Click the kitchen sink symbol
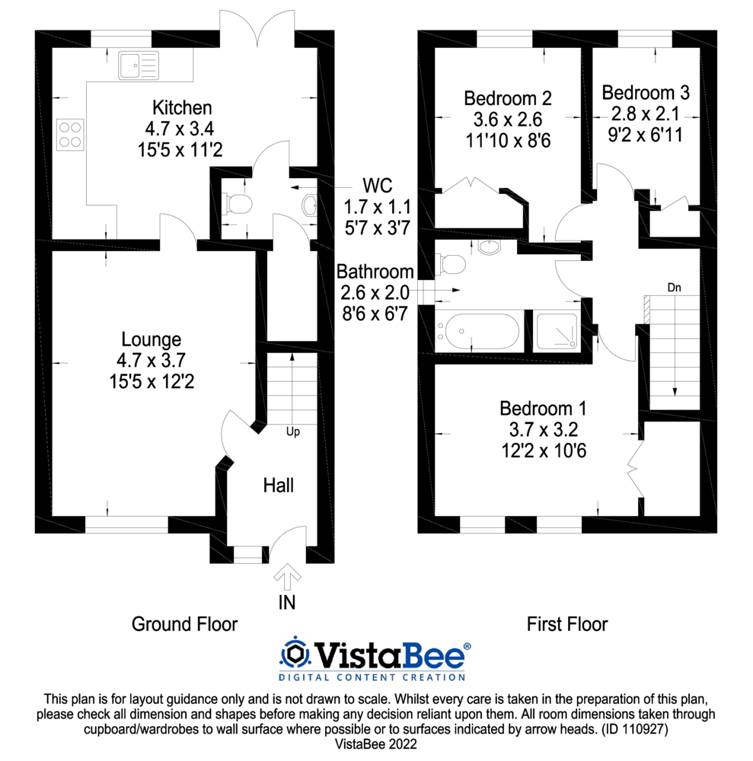(x=139, y=65)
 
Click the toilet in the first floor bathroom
(x=451, y=263)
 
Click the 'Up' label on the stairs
(x=292, y=431)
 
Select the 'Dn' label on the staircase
(x=674, y=288)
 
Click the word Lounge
(x=152, y=339)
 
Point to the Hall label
(x=279, y=485)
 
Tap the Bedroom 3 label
(x=646, y=93)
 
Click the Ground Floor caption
(x=184, y=625)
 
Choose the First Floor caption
(x=567, y=625)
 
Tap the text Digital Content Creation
(x=372, y=677)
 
